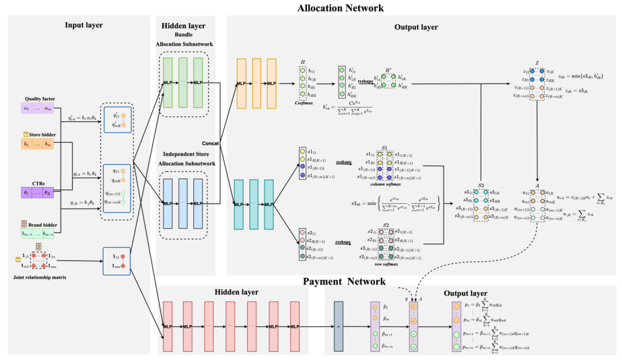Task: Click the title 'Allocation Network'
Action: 341,7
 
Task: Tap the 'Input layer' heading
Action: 84,25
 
